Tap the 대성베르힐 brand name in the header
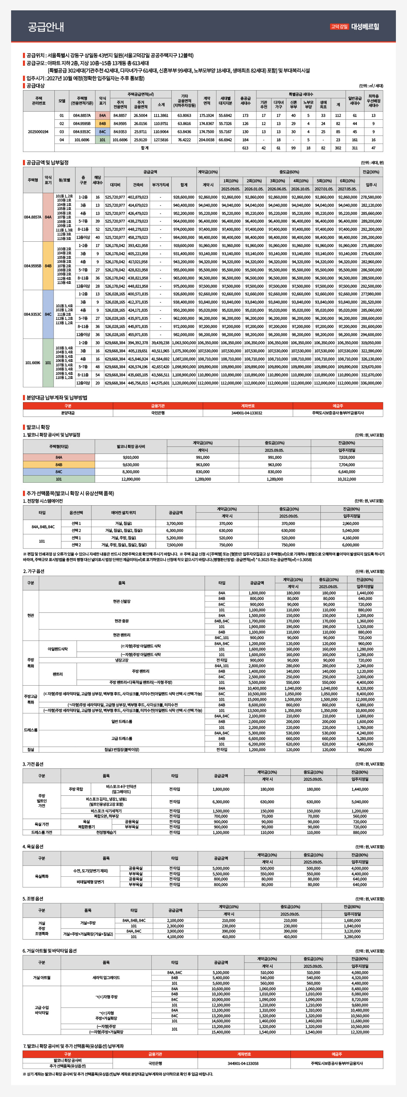[365, 26]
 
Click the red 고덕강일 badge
[339, 26]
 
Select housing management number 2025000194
[38, 132]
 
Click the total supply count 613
[245, 148]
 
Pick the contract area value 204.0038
[206, 140]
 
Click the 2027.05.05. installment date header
[347, 189]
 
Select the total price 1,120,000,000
[184, 383]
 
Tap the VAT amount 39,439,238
[160, 342]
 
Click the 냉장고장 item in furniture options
[121, 660]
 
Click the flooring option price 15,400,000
[221, 1032]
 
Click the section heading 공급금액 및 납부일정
[47, 163]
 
